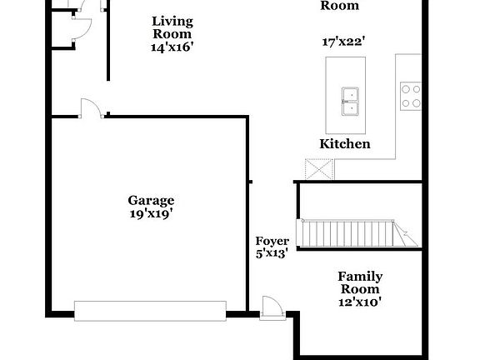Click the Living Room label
point(172,27)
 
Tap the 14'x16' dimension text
point(172,47)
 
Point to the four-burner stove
point(410,96)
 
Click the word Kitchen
point(345,144)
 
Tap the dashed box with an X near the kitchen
point(319,170)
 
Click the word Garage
point(151,200)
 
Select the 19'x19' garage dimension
point(151,213)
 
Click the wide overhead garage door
point(150,311)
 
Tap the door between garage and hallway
point(90,109)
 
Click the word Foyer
point(272,241)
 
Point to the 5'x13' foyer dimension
point(272,253)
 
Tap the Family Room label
point(360,282)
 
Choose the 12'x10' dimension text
point(360,302)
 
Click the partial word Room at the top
point(340,6)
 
